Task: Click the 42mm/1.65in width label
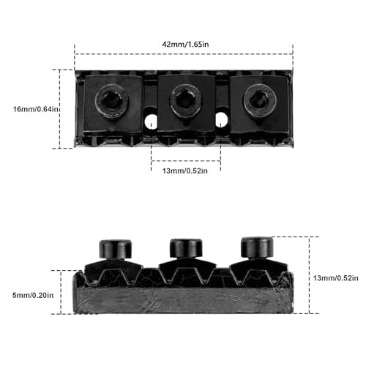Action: (185, 45)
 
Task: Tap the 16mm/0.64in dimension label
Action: (36, 109)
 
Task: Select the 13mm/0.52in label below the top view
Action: (185, 171)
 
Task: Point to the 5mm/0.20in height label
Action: (33, 295)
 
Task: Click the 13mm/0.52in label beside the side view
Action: (336, 278)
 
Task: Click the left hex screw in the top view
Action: (112, 101)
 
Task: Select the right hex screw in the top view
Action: (260, 100)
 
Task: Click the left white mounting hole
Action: (152, 120)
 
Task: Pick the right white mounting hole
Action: (222, 119)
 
